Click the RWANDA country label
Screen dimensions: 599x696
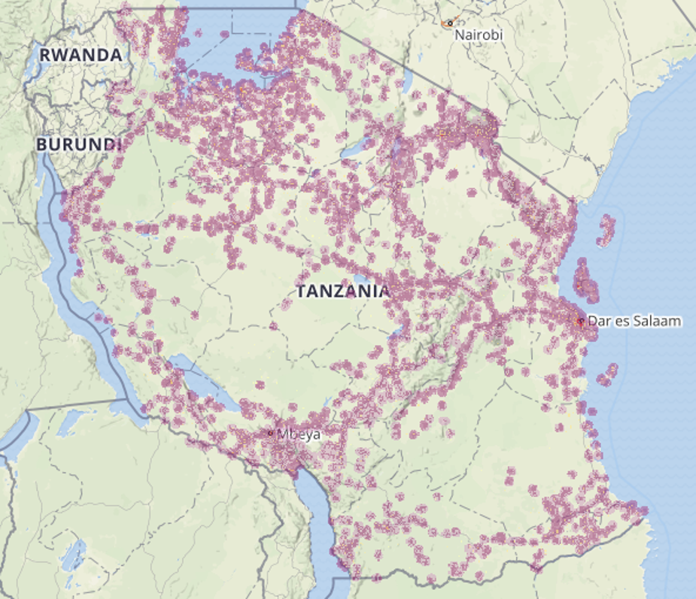(81, 55)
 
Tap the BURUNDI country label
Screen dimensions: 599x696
(78, 143)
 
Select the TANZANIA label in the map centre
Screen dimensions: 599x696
(343, 291)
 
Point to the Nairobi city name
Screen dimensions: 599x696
(479, 35)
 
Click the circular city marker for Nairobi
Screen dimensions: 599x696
(450, 23)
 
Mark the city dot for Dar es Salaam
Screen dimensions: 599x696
(580, 322)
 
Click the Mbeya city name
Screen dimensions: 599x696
(299, 434)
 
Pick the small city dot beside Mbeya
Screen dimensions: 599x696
(271, 433)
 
